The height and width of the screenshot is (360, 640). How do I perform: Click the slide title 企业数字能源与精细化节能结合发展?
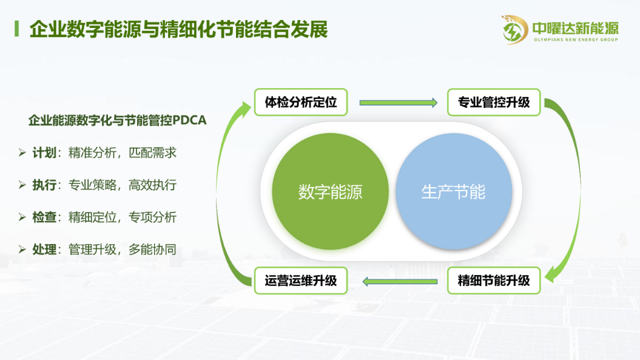[178, 29]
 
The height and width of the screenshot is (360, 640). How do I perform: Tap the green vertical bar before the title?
[17, 29]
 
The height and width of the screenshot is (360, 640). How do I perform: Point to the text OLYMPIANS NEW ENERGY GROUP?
[576, 39]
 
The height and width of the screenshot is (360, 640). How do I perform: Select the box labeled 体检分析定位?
[301, 102]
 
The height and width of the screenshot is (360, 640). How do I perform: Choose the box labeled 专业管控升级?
[494, 102]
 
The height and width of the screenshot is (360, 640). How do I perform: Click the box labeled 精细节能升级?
[494, 280]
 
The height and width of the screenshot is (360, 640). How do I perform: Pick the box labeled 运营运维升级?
[301, 280]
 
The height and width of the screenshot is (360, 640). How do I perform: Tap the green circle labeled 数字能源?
[330, 191]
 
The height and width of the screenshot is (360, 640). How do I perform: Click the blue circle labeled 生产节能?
[454, 191]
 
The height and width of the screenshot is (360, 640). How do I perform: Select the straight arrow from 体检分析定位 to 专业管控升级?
[399, 103]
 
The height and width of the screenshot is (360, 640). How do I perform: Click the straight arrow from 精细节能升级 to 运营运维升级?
[400, 282]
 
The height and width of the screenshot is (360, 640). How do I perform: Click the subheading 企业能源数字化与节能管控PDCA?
[118, 120]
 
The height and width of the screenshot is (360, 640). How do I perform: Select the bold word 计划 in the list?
[44, 153]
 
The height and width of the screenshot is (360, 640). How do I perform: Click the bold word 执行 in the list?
[44, 185]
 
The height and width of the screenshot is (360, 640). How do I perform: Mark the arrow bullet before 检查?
[22, 217]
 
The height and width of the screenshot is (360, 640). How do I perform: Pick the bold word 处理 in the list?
[44, 250]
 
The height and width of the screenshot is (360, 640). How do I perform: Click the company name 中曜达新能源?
[576, 28]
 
